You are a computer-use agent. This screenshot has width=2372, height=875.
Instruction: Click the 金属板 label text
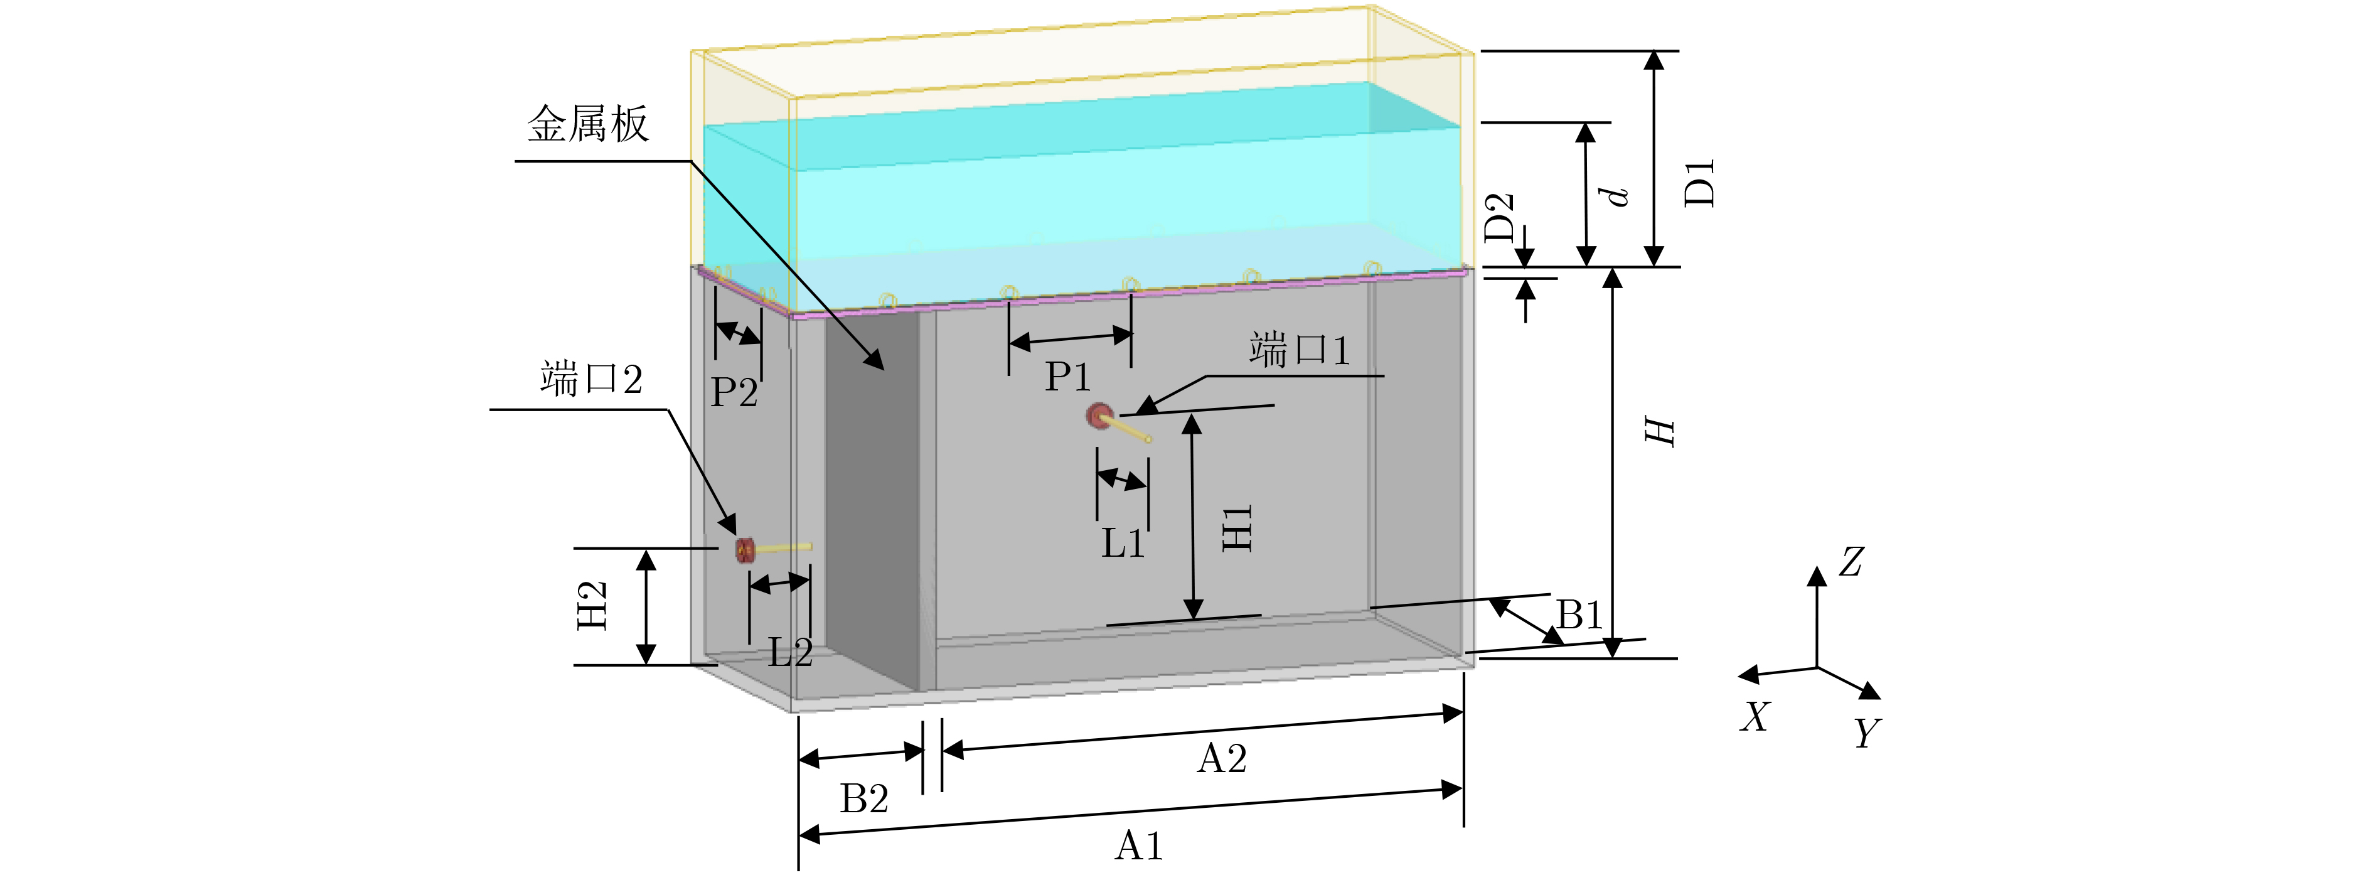[587, 124]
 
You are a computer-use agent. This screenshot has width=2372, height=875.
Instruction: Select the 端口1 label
[1299, 351]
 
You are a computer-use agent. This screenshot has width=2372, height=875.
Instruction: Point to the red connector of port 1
[1098, 416]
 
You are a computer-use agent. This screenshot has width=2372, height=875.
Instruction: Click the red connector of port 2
[745, 550]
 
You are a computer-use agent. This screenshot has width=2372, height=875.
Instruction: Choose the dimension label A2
[1222, 759]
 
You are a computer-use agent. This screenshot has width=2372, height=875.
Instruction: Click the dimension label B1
[1578, 615]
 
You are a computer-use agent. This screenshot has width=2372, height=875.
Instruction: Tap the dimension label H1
[1237, 528]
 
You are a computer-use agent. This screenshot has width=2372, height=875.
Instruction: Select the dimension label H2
[592, 605]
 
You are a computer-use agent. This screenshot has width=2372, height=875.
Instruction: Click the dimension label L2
[790, 653]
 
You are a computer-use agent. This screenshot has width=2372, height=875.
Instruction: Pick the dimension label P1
[1067, 377]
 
